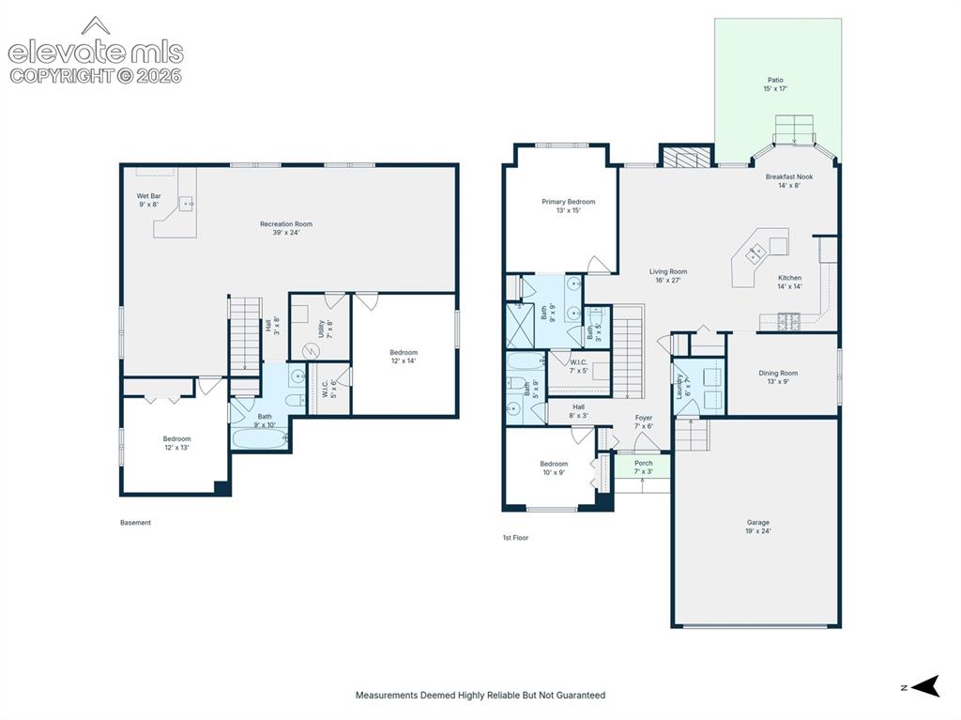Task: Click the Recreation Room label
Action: click(286, 228)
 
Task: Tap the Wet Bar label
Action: click(149, 200)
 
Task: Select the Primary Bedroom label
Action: click(568, 206)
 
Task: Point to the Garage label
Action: click(758, 527)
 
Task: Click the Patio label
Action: click(775, 84)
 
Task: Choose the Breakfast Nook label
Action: click(788, 181)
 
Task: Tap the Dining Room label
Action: click(778, 376)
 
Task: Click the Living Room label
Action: click(668, 275)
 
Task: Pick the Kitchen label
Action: click(789, 282)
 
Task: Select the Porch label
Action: click(643, 467)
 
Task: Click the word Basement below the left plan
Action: click(135, 523)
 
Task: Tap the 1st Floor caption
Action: click(515, 538)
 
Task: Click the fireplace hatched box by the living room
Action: click(686, 157)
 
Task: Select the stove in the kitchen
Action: click(788, 321)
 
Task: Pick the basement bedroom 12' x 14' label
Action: click(404, 357)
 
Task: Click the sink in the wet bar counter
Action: click(187, 203)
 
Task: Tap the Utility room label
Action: click(325, 329)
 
